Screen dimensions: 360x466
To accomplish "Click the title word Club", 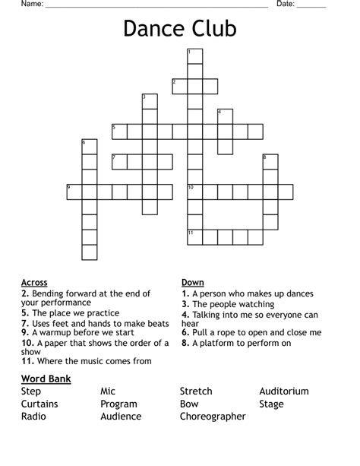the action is (212, 29).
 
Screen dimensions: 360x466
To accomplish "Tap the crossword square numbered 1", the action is (195, 55).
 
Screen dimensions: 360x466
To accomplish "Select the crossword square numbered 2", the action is (180, 86).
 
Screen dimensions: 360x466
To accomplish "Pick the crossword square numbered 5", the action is (119, 132).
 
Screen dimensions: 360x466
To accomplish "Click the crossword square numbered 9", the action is (74, 192).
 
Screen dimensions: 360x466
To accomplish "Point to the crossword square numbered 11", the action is (195, 237).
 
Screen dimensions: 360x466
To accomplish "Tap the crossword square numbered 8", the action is (270, 161).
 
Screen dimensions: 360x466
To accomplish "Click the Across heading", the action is (34, 283).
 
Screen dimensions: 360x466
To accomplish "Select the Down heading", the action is (192, 283).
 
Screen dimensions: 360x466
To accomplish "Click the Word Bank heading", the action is (46, 379).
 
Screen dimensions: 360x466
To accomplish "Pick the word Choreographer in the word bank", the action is (213, 417).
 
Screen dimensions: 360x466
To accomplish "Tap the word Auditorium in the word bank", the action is (284, 392).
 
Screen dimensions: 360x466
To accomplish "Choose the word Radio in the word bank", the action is (33, 417).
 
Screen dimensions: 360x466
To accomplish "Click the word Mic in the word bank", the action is (108, 392).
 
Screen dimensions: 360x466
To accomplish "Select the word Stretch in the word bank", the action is (196, 392).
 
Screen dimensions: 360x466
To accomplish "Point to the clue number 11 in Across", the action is (27, 361).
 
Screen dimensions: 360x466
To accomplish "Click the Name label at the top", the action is (31, 5).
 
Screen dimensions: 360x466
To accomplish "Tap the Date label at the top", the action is (285, 5).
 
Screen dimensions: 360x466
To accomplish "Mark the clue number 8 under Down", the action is (185, 343).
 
